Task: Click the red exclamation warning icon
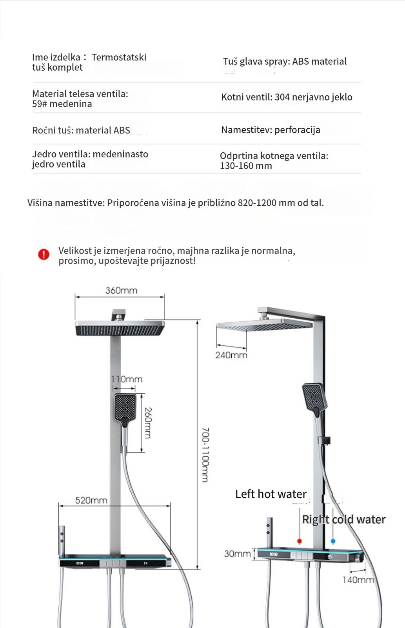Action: pyautogui.click(x=44, y=254)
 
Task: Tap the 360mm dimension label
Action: pyautogui.click(x=121, y=290)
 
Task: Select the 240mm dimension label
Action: pyautogui.click(x=231, y=355)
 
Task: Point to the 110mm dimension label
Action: pyautogui.click(x=127, y=379)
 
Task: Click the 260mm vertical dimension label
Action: pyautogui.click(x=148, y=423)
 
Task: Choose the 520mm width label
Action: pyautogui.click(x=91, y=500)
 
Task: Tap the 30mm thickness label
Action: pyautogui.click(x=237, y=553)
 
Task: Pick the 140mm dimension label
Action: pyautogui.click(x=358, y=580)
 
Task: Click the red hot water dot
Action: pyautogui.click(x=300, y=541)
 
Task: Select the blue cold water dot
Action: pyautogui.click(x=333, y=541)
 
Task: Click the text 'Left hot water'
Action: pyautogui.click(x=271, y=494)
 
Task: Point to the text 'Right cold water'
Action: pyautogui.click(x=343, y=520)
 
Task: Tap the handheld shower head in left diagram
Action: pyautogui.click(x=125, y=407)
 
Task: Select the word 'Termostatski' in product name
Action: pyautogui.click(x=119, y=57)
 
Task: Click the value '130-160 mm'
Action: pyautogui.click(x=246, y=166)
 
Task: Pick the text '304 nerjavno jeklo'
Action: pyautogui.click(x=313, y=97)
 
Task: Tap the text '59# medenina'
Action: pyautogui.click(x=62, y=104)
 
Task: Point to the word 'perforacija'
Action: pyautogui.click(x=297, y=130)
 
